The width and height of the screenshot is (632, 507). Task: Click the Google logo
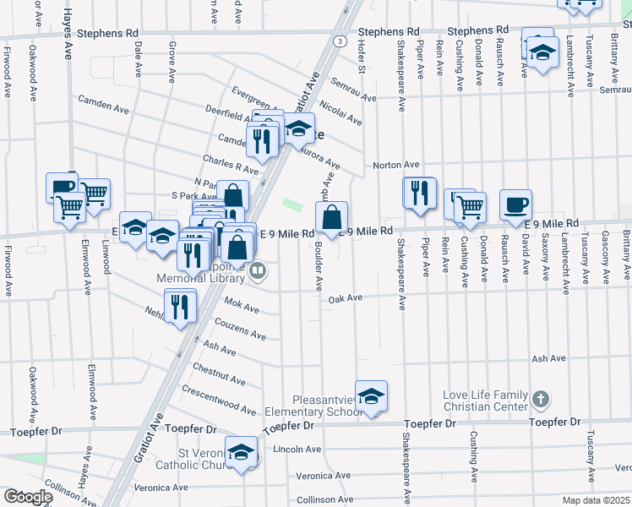coord(27,497)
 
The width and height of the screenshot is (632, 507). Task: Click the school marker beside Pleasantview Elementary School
coord(371,397)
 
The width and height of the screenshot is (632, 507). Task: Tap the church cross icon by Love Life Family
coord(542,398)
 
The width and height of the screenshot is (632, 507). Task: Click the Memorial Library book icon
coord(259,271)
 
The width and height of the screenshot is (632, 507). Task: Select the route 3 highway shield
coord(339,40)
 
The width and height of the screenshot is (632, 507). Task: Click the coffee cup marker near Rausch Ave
coord(515,205)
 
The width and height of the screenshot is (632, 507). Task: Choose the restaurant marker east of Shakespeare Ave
coord(418,194)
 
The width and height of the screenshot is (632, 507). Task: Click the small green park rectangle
coord(291,204)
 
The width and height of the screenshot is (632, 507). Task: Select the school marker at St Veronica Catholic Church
coord(242,451)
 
